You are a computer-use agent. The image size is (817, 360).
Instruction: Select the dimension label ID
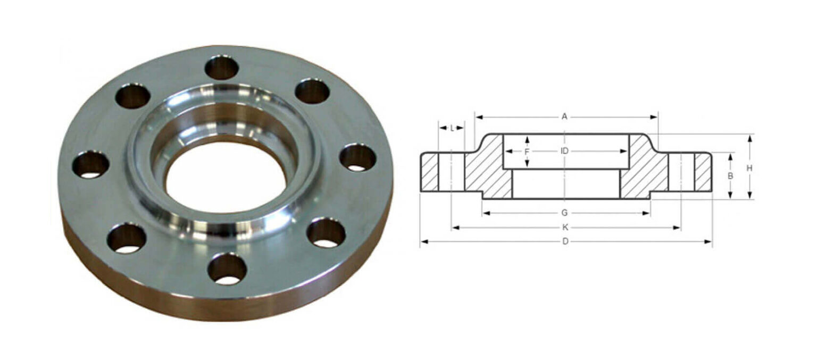pyautogui.click(x=564, y=151)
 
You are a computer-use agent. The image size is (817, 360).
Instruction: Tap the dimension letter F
pyautogui.click(x=527, y=152)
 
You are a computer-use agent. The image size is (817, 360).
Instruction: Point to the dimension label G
pyautogui.click(x=564, y=213)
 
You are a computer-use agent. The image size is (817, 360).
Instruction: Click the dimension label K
pyautogui.click(x=565, y=228)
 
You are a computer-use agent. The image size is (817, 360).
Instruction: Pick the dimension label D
pyautogui.click(x=565, y=242)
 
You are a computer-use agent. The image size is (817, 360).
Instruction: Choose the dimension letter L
pyautogui.click(x=452, y=128)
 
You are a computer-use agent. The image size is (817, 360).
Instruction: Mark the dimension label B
pyautogui.click(x=731, y=175)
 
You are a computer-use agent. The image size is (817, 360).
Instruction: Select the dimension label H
pyautogui.click(x=749, y=168)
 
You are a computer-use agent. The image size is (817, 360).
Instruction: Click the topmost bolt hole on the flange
pyautogui.click(x=221, y=68)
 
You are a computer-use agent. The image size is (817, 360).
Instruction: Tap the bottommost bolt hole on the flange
pyautogui.click(x=227, y=269)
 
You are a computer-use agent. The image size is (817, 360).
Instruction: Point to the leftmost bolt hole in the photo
pyautogui.click(x=90, y=164)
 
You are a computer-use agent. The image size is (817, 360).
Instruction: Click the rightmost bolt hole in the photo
pyautogui.click(x=357, y=157)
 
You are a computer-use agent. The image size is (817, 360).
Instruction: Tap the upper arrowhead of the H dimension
pyautogui.click(x=749, y=138)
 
